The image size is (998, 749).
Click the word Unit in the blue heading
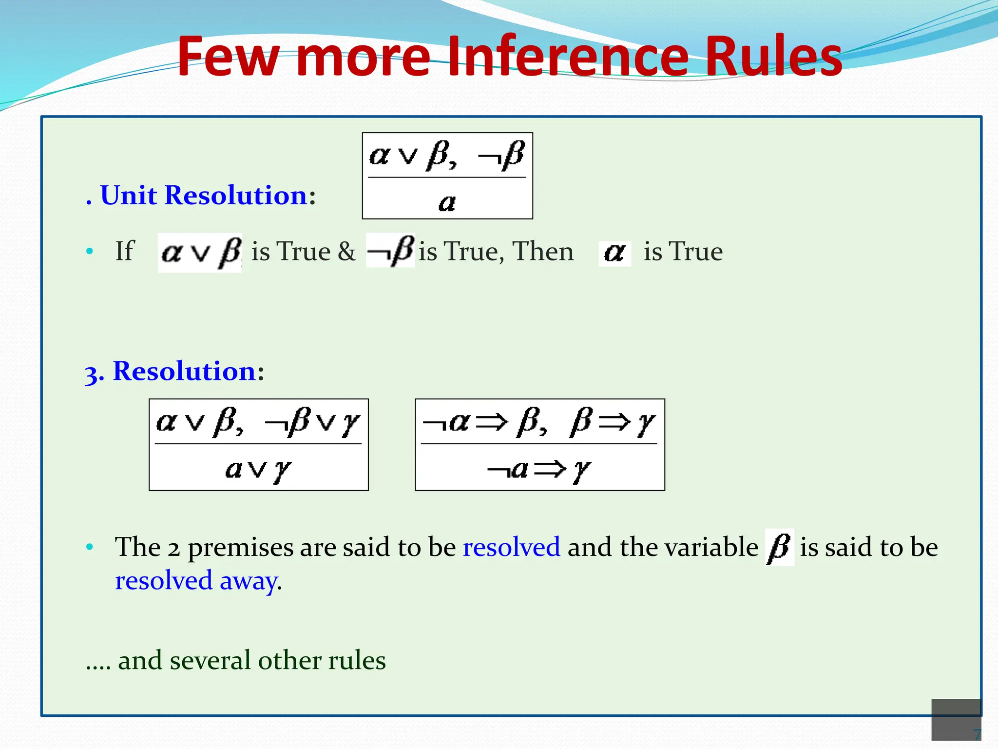(129, 196)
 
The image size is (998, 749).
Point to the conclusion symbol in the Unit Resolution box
(447, 202)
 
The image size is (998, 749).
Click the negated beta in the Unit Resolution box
(501, 156)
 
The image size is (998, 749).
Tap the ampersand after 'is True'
(346, 252)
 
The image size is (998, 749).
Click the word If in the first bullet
(124, 252)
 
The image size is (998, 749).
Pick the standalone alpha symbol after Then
(614, 253)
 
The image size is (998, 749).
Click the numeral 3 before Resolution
(92, 373)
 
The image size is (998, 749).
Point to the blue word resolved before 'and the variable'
(511, 547)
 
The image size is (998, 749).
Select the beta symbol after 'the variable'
(779, 547)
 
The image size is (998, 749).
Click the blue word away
(249, 581)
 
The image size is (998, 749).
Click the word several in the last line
(211, 660)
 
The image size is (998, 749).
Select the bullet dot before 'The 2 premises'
(89, 547)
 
